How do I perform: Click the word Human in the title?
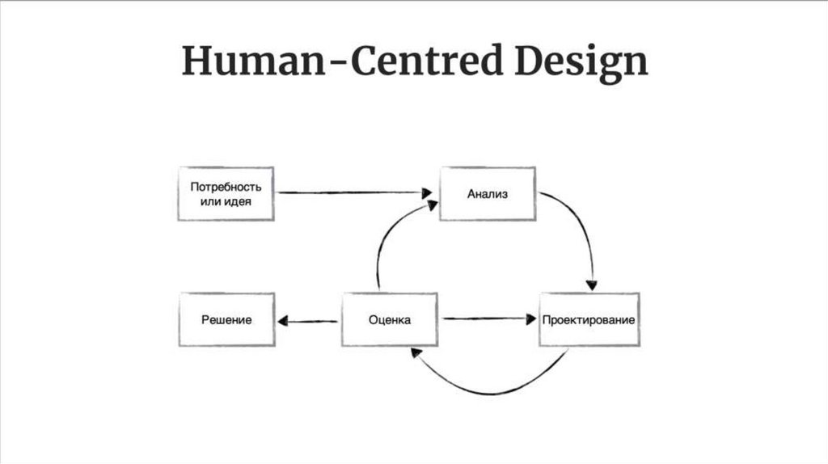246,62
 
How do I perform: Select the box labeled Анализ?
487,194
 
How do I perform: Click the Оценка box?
390,320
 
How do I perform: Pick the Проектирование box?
589,320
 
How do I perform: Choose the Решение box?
226,320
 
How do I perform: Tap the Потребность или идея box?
226,194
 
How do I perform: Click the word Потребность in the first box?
226,186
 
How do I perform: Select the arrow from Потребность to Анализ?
348,192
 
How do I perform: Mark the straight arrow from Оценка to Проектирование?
485,318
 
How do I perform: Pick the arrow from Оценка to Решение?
307,321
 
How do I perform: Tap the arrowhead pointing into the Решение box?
281,321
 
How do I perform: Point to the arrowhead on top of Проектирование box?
592,285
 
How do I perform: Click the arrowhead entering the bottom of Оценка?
414,352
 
